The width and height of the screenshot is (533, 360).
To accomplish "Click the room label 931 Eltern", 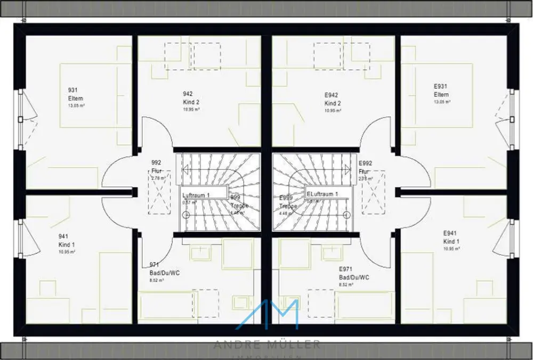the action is click(75, 95).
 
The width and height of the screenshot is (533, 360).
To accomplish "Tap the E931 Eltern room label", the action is click(441, 90).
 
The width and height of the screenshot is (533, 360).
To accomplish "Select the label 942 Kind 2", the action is click(190, 98).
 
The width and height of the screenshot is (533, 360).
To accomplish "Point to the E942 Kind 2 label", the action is click(333, 99).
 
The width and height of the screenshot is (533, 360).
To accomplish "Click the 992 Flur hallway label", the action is click(156, 167).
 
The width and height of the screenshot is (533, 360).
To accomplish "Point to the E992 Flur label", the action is click(365, 167).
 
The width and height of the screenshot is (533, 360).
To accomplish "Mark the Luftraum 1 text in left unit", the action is click(196, 195).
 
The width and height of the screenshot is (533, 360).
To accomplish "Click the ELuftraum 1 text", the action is click(322, 194).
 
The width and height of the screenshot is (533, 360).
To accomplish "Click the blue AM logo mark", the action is click(267, 315).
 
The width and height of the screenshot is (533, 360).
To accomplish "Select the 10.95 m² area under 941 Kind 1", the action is click(67, 251).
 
